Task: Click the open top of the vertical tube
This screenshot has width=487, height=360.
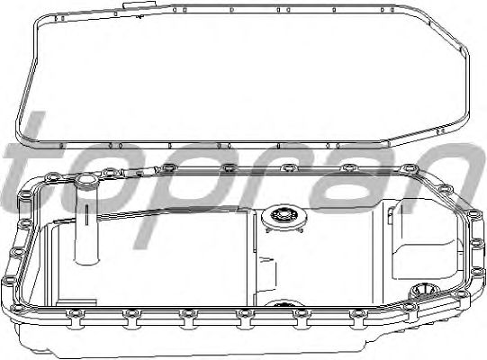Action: point(86,180)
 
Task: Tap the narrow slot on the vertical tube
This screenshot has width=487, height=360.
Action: point(87,213)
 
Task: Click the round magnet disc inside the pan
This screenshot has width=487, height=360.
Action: point(284,217)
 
